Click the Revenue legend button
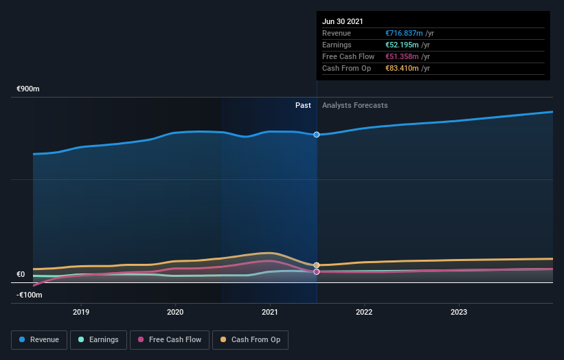40,339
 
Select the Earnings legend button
98,339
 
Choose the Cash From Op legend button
250,339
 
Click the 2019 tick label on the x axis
81,312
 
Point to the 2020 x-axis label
175,312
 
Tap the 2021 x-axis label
270,312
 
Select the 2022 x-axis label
364,312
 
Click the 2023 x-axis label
458,312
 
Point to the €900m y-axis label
28,89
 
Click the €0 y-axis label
21,274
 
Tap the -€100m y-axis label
29,295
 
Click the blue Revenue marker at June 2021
317,135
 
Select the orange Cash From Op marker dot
317,265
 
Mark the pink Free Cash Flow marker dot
317,272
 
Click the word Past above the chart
303,105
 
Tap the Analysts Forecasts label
354,105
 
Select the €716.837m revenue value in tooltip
404,33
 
